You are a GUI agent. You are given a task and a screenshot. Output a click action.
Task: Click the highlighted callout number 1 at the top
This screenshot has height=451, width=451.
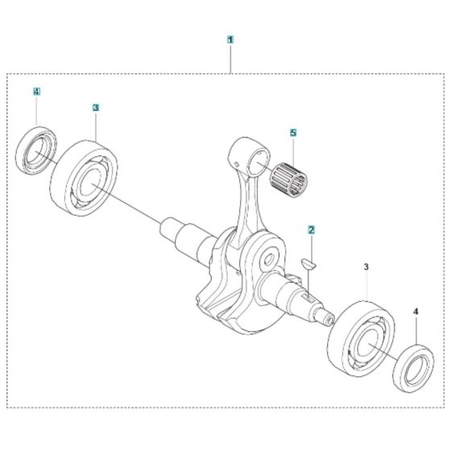pyautogui.click(x=230, y=39)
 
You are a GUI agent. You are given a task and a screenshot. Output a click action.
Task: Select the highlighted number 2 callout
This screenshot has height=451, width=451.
pyautogui.click(x=311, y=230)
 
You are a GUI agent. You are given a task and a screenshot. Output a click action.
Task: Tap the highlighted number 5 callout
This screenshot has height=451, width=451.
pyautogui.click(x=293, y=133)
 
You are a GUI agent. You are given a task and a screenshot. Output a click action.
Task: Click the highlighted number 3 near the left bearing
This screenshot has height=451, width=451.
pyautogui.click(x=96, y=108)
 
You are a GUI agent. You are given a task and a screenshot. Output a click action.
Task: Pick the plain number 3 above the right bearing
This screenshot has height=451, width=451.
pyautogui.click(x=366, y=267)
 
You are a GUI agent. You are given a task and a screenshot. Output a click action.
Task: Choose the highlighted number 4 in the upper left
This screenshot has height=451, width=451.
pyautogui.click(x=36, y=92)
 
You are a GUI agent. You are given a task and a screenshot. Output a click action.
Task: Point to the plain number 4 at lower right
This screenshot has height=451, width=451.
pyautogui.click(x=416, y=311)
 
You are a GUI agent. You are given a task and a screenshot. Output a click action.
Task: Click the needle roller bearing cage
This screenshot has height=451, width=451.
pyautogui.click(x=288, y=180)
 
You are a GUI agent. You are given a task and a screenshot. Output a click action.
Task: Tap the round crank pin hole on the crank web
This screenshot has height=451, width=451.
pyautogui.click(x=268, y=260)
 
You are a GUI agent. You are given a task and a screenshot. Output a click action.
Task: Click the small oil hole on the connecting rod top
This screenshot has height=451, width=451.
pyautogui.click(x=237, y=164)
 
